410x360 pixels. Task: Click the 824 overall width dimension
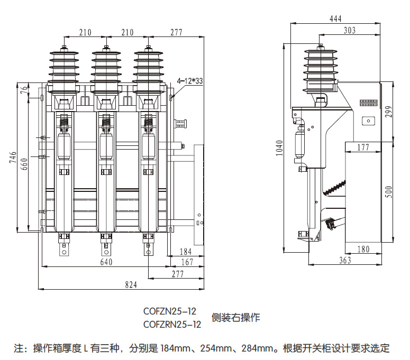coord(131,284)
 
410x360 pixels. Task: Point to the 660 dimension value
coord(23,165)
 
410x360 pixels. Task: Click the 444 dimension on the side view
coord(335,19)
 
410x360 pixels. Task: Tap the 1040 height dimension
coord(280,148)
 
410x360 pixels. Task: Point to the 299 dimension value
coord(389,112)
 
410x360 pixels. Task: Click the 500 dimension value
coord(389,191)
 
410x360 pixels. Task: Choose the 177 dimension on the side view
coord(362,147)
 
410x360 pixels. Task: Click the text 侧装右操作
coord(236,318)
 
